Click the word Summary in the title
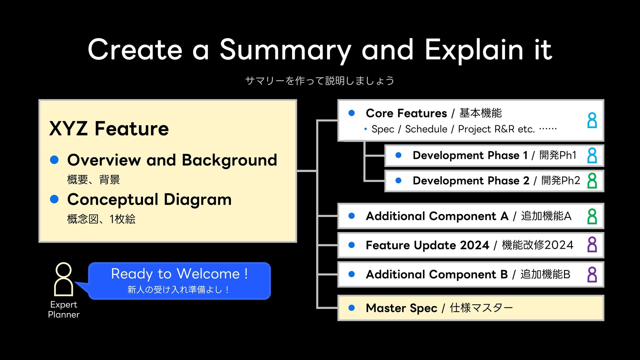click(x=285, y=50)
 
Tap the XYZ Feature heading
click(x=109, y=129)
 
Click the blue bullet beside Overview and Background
click(x=54, y=160)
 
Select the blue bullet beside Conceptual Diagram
click(x=54, y=199)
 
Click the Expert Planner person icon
click(x=63, y=279)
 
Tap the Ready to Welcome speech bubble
click(x=179, y=281)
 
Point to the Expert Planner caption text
click(x=64, y=309)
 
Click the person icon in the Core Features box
click(x=592, y=120)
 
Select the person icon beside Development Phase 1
click(x=592, y=155)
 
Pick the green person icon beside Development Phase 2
click(x=592, y=181)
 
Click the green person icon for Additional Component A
click(x=592, y=216)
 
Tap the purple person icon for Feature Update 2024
click(x=592, y=245)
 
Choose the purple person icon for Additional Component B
click(x=592, y=275)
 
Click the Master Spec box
click(x=471, y=308)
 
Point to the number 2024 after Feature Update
click(x=475, y=245)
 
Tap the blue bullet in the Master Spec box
click(x=351, y=308)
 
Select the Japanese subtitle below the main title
click(x=320, y=81)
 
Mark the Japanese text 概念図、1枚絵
click(x=101, y=219)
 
